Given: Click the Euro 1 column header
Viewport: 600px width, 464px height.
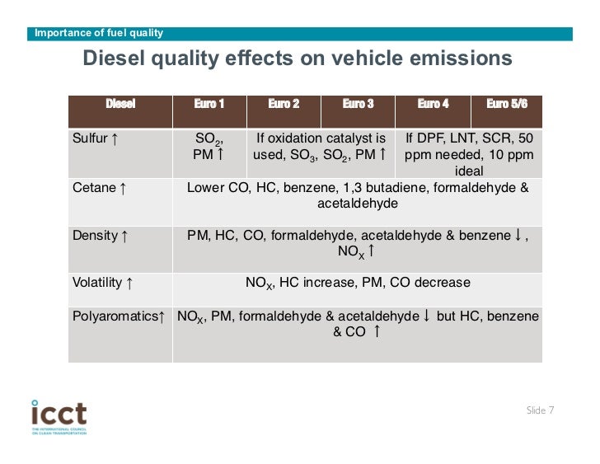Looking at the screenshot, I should [x=209, y=104].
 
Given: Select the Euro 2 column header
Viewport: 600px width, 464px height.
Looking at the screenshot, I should [x=284, y=104].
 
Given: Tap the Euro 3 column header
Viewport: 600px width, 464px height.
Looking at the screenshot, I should [x=358, y=104].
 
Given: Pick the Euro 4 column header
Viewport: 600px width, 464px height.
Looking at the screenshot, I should [x=433, y=104].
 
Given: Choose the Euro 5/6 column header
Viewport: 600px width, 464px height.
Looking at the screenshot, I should [x=507, y=104].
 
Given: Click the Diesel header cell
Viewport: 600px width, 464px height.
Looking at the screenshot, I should [x=120, y=104].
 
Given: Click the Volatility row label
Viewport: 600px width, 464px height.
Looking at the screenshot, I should [x=103, y=283].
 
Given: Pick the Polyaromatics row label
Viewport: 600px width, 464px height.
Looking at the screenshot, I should [x=119, y=316].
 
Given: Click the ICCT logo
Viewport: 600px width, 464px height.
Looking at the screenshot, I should [x=59, y=415].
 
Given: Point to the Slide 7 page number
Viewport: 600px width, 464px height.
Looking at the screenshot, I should [x=540, y=410].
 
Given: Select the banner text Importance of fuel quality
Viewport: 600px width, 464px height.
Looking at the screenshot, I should [x=96, y=33].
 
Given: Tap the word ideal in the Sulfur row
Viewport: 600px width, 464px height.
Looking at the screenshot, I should [x=469, y=171].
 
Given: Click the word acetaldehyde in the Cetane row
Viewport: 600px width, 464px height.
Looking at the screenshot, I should [x=357, y=203].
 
